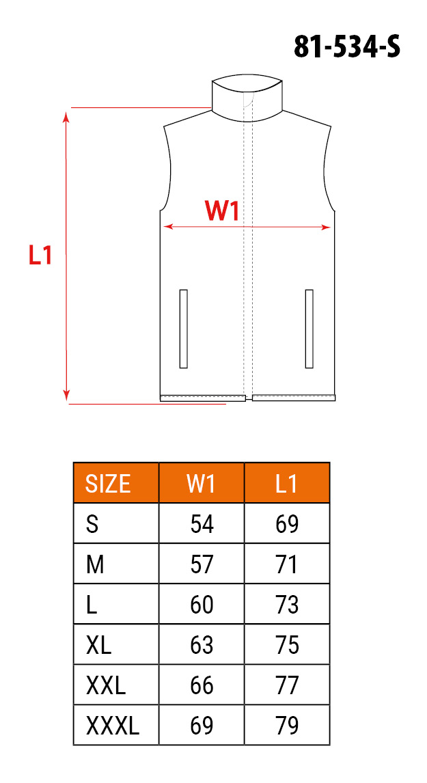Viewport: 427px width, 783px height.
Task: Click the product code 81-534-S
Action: coord(346,47)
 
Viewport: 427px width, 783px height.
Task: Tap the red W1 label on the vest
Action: coord(222,212)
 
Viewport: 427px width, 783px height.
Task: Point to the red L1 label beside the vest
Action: coord(40,256)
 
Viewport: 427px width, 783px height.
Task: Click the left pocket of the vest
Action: coord(183,329)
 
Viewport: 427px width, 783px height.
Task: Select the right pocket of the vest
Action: coord(309,329)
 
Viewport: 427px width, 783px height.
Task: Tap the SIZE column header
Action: coord(108,483)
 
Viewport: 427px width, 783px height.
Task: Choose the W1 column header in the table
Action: coord(201,483)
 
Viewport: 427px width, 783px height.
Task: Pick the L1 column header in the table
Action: coord(286,483)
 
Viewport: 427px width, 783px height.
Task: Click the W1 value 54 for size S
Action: coord(202,524)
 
